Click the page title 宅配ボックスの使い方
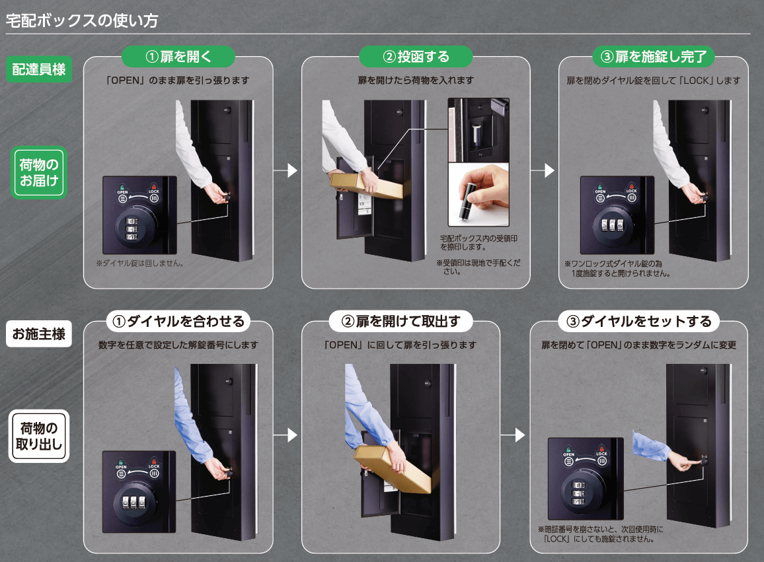(x=82, y=20)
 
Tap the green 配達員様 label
(x=39, y=69)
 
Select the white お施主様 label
(x=39, y=334)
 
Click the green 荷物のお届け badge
(x=39, y=172)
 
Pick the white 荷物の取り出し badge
(x=39, y=436)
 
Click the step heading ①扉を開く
(x=178, y=57)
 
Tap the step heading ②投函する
(x=416, y=57)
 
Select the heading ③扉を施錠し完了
(x=654, y=57)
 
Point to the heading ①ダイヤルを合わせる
(x=178, y=321)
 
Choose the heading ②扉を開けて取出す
(x=401, y=321)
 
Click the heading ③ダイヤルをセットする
(x=639, y=321)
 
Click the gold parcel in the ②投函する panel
(x=367, y=186)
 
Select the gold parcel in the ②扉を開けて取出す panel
(x=392, y=468)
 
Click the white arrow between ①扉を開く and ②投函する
(x=286, y=170)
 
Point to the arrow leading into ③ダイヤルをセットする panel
(x=514, y=435)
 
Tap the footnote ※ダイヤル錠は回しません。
(x=140, y=263)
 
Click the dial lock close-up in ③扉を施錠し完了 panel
(x=617, y=215)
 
